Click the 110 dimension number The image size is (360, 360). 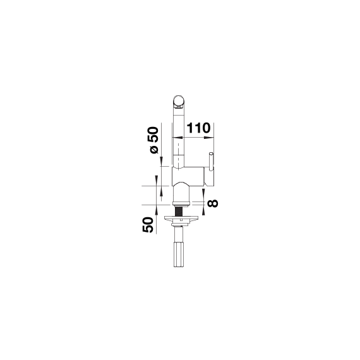pos(198,128)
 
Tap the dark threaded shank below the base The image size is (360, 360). pos(180,210)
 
